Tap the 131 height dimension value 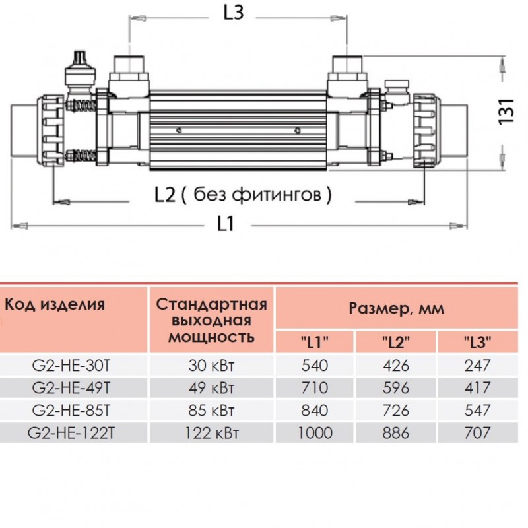pyautogui.click(x=506, y=111)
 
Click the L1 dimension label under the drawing pyautogui.click(x=226, y=224)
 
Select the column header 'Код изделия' pyautogui.click(x=55, y=304)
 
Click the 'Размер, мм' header pyautogui.click(x=396, y=308)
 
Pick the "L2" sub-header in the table pyautogui.click(x=396, y=342)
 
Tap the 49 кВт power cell pyautogui.click(x=211, y=388)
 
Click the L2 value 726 pyautogui.click(x=396, y=411)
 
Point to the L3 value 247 pyautogui.click(x=477, y=366)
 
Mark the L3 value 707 pyautogui.click(x=477, y=433)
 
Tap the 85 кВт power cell pyautogui.click(x=211, y=411)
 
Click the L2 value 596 pyautogui.click(x=396, y=388)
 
